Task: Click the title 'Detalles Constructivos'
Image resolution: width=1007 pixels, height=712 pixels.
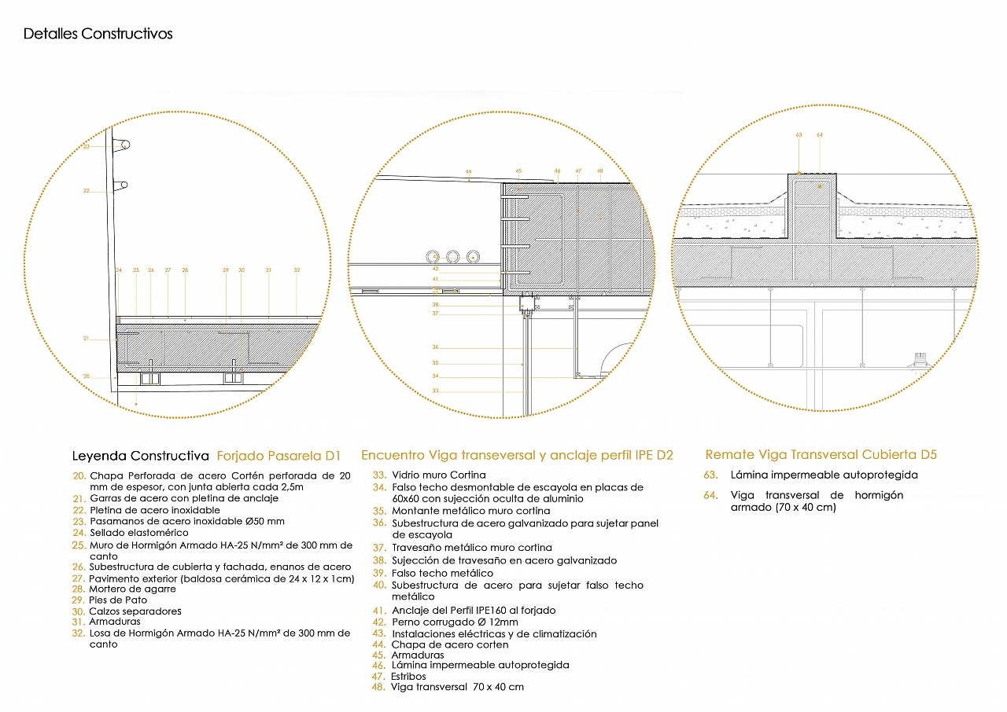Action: [x=98, y=34]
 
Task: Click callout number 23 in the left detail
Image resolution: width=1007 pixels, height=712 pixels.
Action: [x=87, y=147]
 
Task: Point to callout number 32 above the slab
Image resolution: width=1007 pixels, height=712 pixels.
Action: [x=297, y=270]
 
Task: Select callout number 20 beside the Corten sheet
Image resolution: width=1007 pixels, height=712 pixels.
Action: [x=87, y=376]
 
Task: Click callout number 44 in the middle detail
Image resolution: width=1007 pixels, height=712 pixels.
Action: [x=468, y=171]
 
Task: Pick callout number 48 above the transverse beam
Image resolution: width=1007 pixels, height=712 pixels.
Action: [x=599, y=171]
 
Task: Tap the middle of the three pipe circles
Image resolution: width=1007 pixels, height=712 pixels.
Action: [x=453, y=256]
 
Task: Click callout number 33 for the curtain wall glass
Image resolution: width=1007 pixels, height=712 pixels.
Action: [x=435, y=391]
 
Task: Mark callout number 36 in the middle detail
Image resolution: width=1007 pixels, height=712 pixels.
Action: [x=435, y=347]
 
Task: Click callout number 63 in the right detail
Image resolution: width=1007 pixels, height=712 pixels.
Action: [x=799, y=135]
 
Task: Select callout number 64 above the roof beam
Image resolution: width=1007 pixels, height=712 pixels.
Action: [x=820, y=135]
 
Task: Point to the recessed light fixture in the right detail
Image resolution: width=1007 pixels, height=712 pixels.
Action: [x=919, y=360]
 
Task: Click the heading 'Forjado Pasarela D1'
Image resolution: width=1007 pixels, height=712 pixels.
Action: [x=279, y=456]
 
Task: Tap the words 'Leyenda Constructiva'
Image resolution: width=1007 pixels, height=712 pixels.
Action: [x=141, y=456]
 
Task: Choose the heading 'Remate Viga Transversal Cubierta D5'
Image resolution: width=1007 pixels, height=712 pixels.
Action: [x=821, y=455]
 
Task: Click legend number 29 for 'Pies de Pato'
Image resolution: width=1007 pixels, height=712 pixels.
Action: [x=77, y=600]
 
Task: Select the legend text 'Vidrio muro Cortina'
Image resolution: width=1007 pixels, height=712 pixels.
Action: [x=439, y=475]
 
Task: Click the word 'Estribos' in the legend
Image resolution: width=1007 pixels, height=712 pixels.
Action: [x=408, y=676]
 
